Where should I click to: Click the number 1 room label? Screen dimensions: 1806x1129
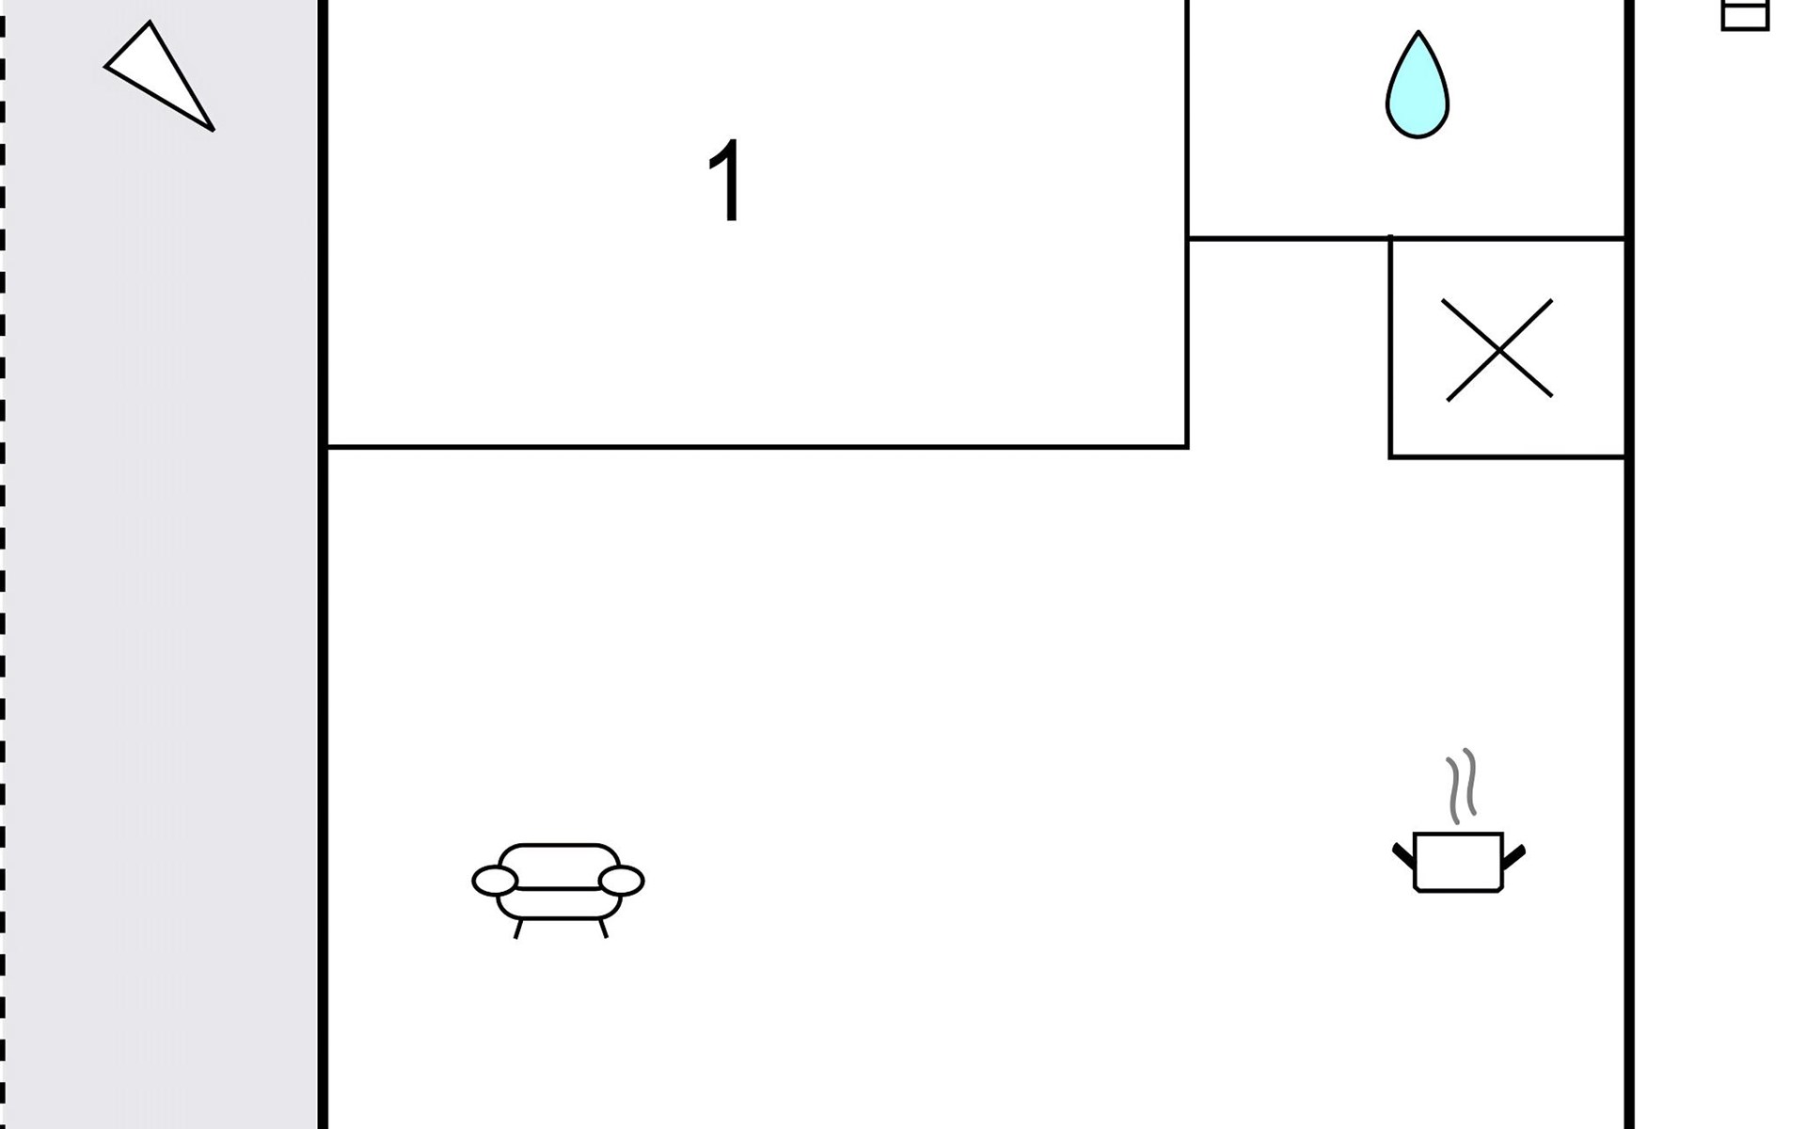click(x=725, y=181)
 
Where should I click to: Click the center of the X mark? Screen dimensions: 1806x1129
click(x=1498, y=350)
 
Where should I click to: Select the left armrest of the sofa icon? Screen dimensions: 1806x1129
click(x=495, y=882)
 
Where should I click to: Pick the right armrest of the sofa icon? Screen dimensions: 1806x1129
click(x=621, y=882)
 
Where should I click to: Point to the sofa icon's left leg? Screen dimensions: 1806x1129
click(x=518, y=928)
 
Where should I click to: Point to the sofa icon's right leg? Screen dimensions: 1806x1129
click(x=603, y=928)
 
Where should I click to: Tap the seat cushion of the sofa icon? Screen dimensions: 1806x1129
click(x=559, y=903)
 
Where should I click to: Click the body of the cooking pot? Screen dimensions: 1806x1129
click(x=1458, y=862)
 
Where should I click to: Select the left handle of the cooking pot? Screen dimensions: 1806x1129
click(x=1403, y=855)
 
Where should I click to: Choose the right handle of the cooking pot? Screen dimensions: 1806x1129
click(x=1513, y=856)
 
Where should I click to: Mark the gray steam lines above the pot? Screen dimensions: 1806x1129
click(x=1462, y=787)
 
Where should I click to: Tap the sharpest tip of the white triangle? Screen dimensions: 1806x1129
click(x=214, y=130)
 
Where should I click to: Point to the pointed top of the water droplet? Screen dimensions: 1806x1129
click(x=1418, y=32)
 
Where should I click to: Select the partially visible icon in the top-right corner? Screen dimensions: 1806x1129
click(x=1745, y=15)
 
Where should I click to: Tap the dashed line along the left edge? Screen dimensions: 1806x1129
click(x=3, y=564)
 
